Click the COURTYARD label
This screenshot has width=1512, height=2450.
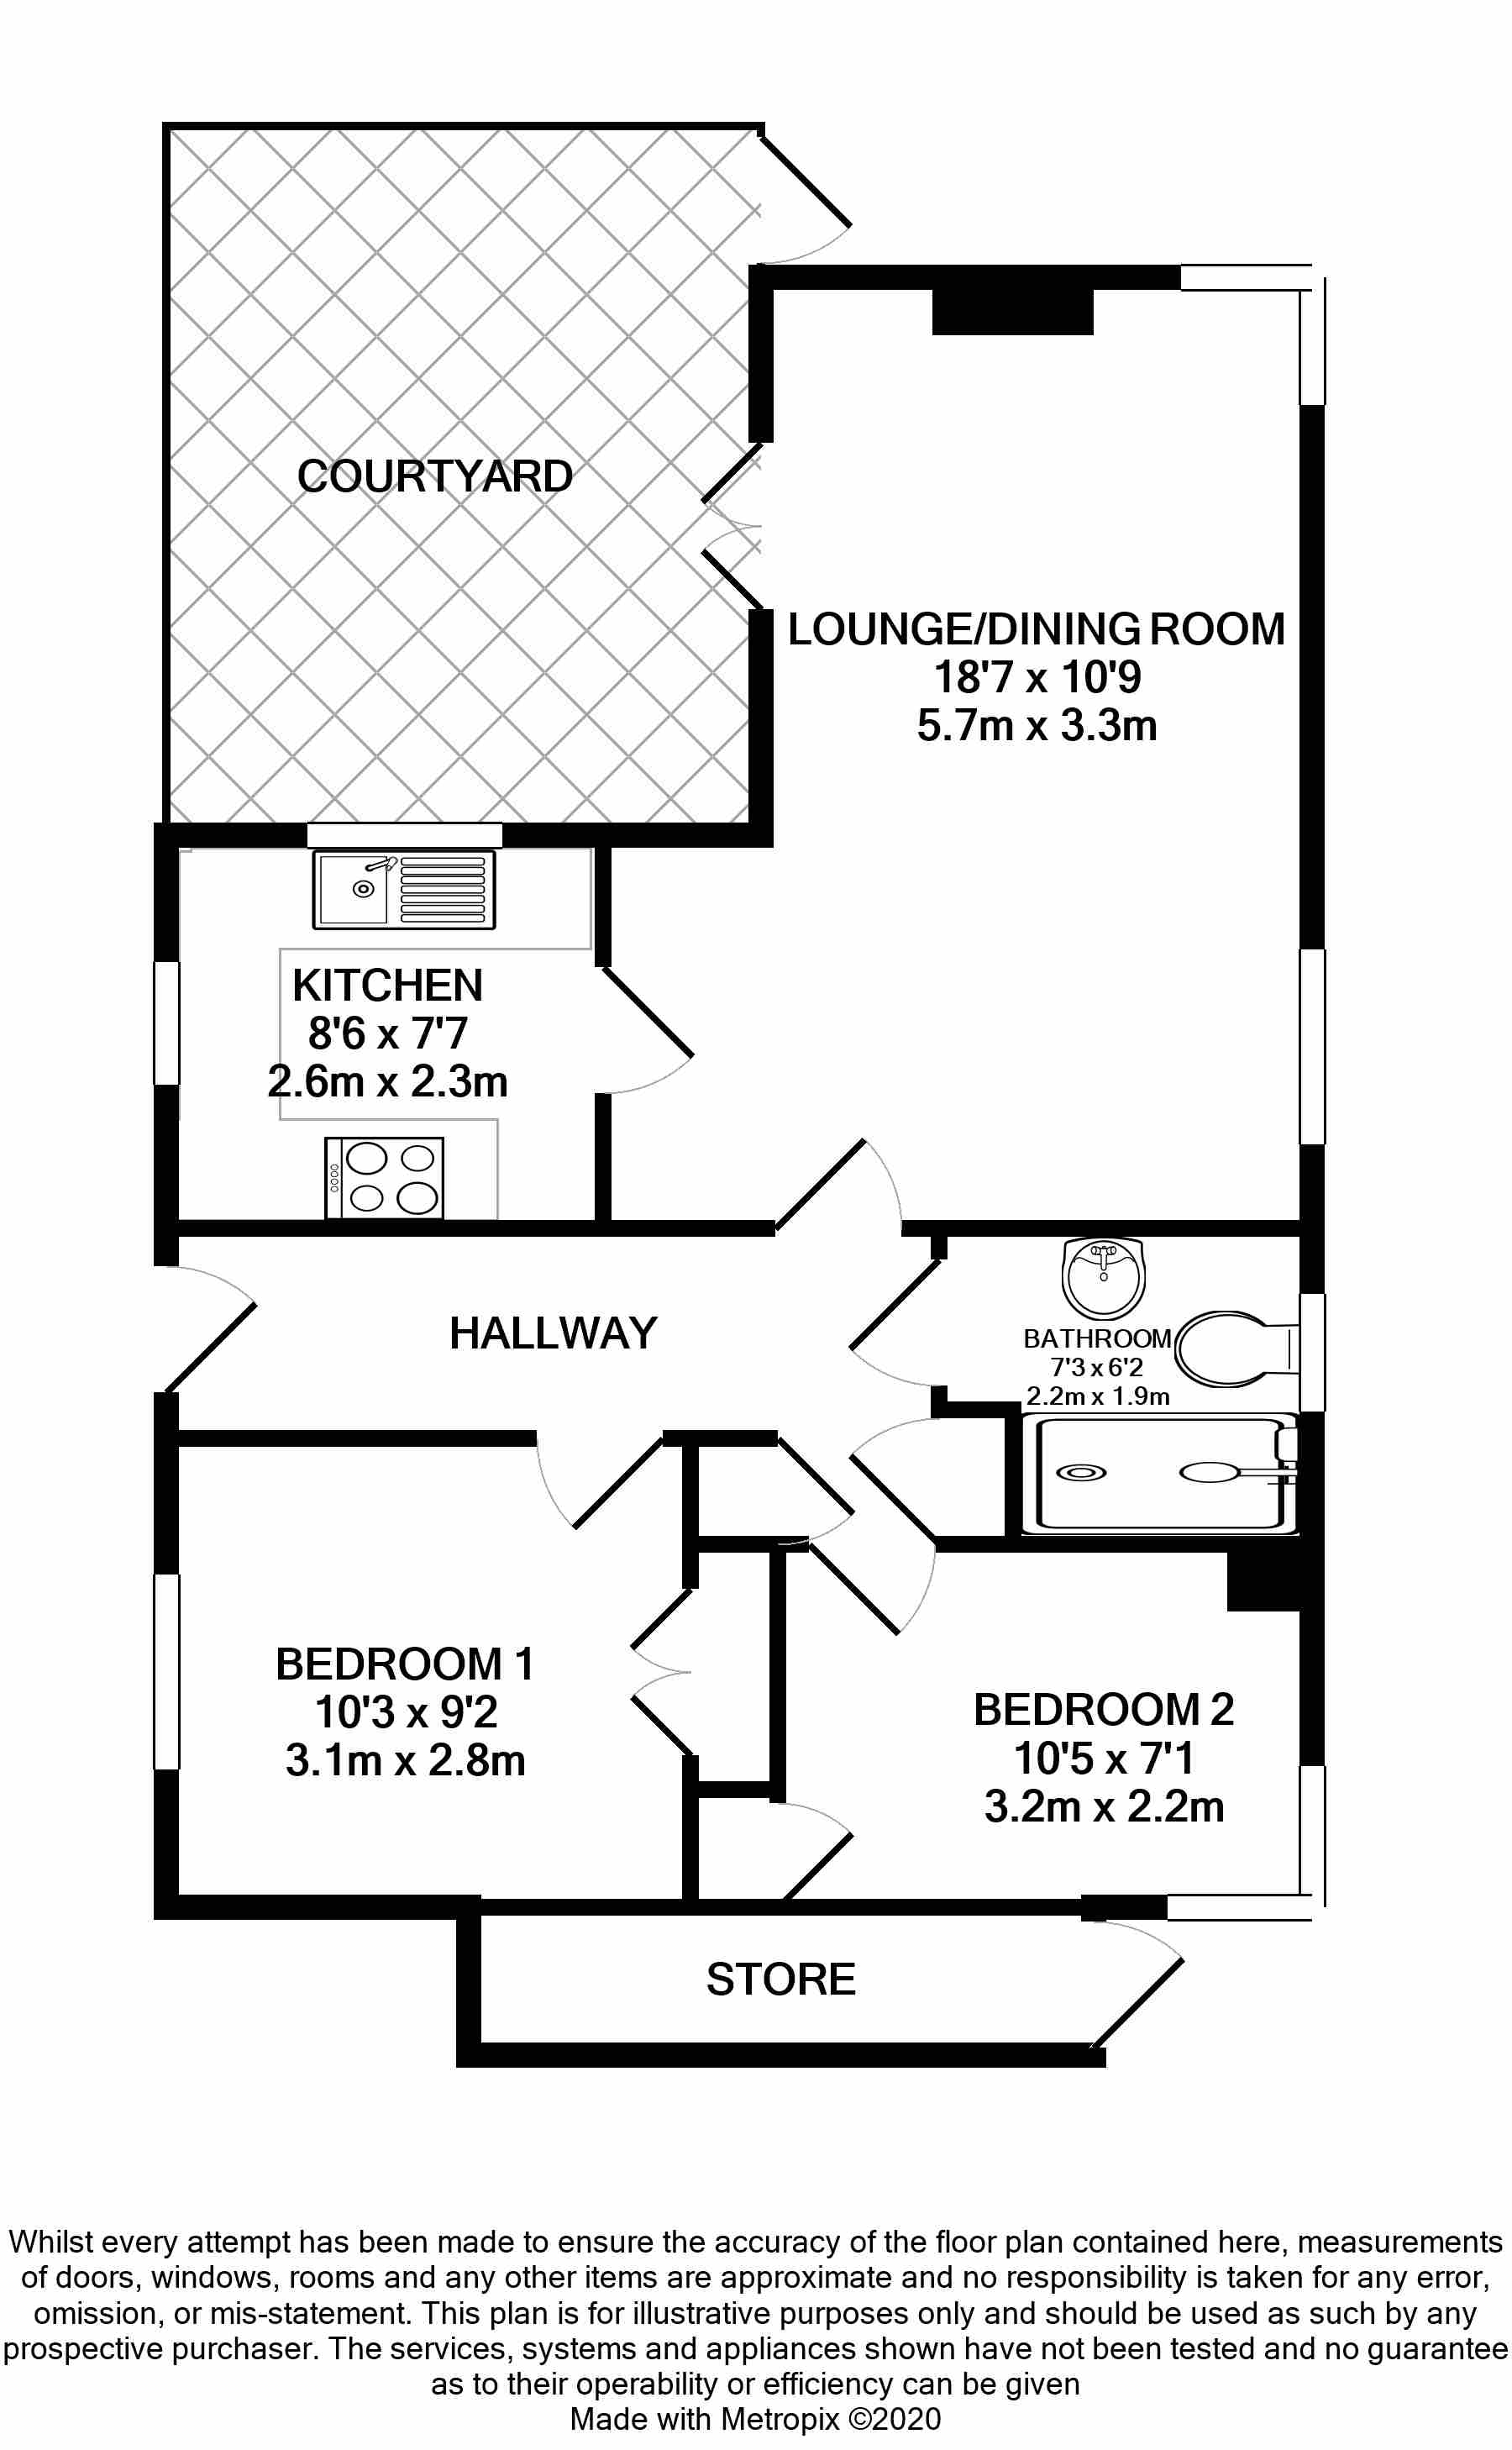[435, 476]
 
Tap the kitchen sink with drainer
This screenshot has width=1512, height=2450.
[404, 889]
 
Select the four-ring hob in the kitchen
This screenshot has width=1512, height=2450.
[385, 1177]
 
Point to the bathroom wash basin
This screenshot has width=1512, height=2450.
[1103, 1277]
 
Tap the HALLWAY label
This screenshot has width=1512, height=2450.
[553, 1333]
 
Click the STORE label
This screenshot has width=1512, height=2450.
[781, 1979]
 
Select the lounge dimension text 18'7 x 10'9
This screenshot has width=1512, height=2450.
[1037, 677]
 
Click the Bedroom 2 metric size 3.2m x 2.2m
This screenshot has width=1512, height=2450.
[1104, 1806]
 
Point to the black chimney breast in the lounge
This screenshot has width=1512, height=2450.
[1012, 312]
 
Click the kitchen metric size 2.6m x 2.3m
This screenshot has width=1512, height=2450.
[388, 1081]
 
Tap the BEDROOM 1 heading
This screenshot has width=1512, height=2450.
[405, 1664]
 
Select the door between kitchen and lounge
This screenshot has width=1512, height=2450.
[646, 1030]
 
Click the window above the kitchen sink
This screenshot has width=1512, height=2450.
[404, 835]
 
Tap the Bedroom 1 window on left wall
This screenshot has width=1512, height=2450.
[167, 1671]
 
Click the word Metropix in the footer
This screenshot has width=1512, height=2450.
[780, 2419]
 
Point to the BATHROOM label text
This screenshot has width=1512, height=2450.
[1097, 1338]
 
